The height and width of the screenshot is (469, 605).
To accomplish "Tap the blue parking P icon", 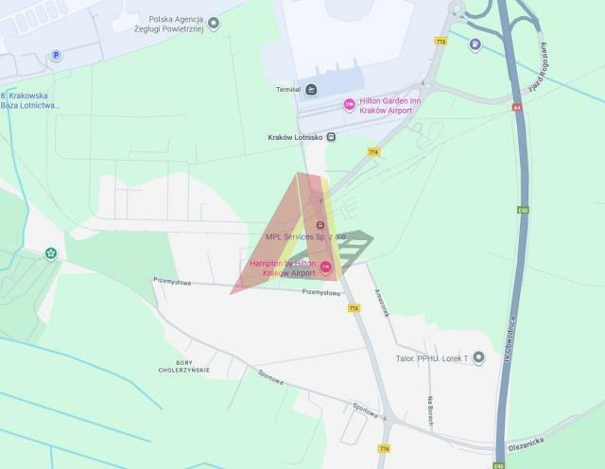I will click(56, 56).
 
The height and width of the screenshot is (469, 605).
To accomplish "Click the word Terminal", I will click(288, 90).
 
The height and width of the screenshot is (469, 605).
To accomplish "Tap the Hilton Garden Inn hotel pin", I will click(350, 104).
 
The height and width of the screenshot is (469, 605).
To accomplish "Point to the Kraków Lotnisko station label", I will click(296, 137).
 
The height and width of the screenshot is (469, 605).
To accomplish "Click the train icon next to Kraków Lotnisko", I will click(332, 137).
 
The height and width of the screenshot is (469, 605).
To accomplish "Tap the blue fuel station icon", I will click(475, 43).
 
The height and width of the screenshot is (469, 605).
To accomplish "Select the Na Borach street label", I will click(429, 409).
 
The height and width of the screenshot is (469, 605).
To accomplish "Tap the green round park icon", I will click(49, 253).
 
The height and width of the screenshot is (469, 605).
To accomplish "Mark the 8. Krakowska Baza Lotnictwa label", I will click(30, 100).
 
